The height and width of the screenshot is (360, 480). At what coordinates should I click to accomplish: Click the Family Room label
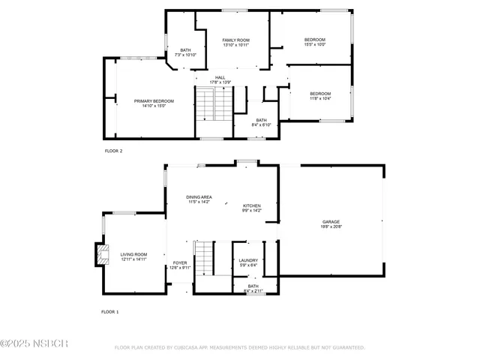pos(235,40)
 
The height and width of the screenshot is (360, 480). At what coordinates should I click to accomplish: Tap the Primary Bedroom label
pos(154,100)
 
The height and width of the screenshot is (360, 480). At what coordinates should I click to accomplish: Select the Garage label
pos(331,221)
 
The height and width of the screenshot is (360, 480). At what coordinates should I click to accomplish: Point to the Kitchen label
pos(251,205)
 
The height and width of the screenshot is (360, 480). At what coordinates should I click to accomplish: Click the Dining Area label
pos(199,196)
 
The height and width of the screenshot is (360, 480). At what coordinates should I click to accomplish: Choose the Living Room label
pos(133,253)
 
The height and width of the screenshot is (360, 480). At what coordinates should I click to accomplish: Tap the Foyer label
pos(180,262)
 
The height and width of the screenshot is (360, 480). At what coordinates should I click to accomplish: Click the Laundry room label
pos(247,260)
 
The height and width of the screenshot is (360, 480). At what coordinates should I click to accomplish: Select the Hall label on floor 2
pos(220,77)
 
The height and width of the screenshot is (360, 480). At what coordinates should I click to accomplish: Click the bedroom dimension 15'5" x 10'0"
pos(314,44)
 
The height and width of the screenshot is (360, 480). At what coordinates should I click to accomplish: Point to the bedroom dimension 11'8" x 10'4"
pos(320,98)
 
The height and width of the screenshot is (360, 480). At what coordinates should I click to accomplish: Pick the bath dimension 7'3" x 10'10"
pos(185,55)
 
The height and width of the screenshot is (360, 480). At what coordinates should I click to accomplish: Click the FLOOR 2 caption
pos(113,151)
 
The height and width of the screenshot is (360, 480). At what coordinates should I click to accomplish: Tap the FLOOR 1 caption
pos(110,311)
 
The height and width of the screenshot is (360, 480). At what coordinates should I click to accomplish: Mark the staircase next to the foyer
pos(204,257)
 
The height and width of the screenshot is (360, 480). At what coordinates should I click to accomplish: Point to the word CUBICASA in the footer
pos(200,348)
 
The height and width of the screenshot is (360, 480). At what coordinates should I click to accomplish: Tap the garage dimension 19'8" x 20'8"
pos(331,226)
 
